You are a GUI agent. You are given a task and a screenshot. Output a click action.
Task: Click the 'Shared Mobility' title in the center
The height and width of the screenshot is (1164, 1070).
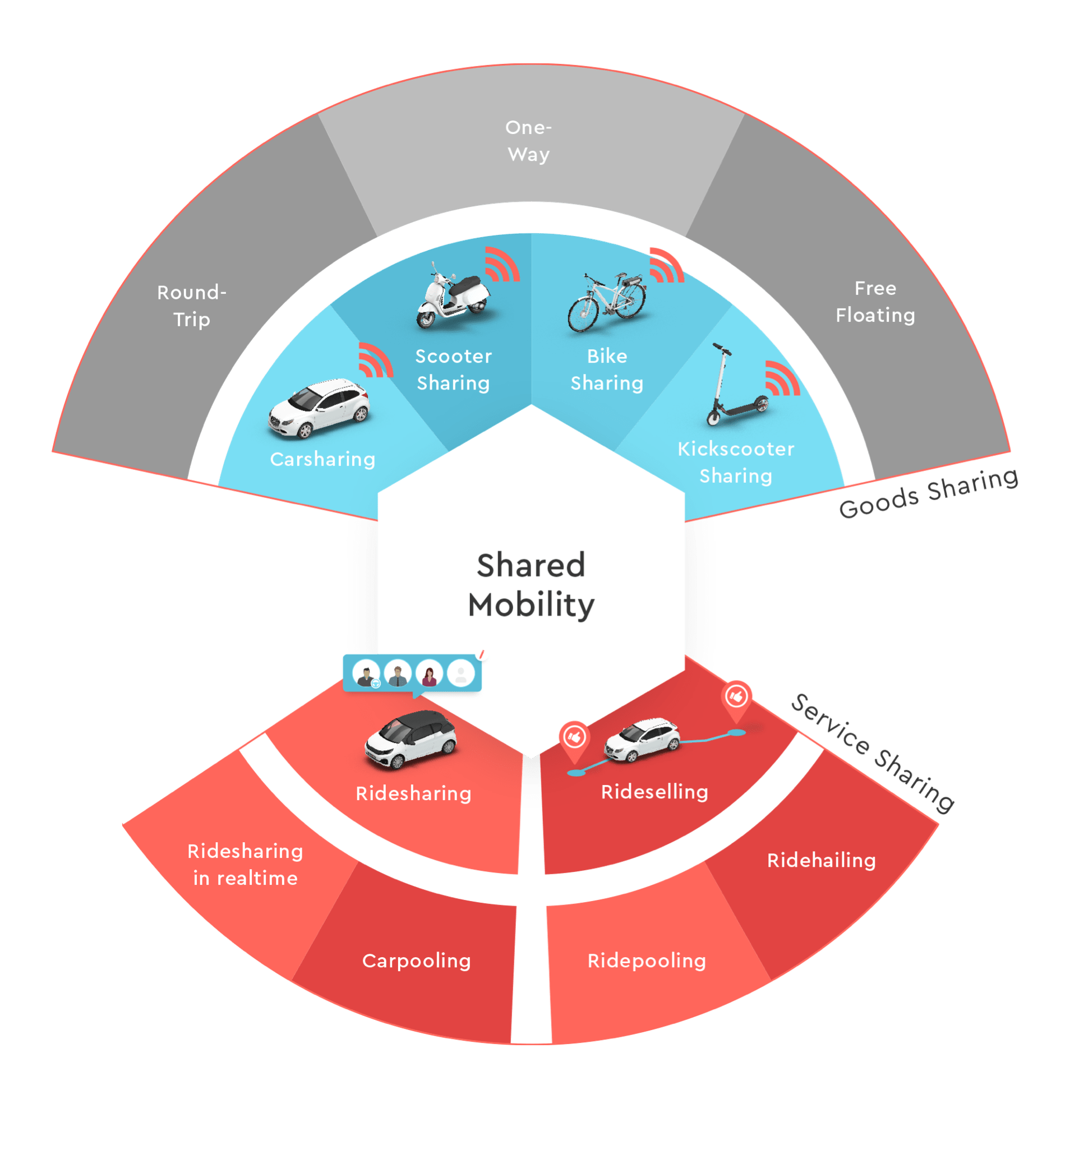point(531,585)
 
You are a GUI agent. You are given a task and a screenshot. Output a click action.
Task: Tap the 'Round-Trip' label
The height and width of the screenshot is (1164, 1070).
point(192,306)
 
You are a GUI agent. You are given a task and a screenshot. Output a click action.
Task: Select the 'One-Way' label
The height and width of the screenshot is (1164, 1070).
point(529,141)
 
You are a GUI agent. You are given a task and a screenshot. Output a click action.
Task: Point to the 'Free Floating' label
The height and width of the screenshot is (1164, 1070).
point(875,302)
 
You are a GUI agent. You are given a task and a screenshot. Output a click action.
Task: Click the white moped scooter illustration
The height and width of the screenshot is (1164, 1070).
point(453,296)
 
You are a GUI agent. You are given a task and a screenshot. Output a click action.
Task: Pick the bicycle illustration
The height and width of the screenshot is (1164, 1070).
point(607,302)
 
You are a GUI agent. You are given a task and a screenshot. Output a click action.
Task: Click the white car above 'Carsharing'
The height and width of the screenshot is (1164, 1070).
point(319,408)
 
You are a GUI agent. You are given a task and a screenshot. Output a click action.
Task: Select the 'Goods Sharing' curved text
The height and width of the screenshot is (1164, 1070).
point(928,493)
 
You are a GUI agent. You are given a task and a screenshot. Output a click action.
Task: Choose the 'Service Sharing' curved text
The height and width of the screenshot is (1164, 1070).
point(873,752)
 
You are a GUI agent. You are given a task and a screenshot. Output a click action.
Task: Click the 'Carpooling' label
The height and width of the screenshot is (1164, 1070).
point(416,962)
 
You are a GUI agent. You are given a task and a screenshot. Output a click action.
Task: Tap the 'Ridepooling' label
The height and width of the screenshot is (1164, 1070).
point(647,962)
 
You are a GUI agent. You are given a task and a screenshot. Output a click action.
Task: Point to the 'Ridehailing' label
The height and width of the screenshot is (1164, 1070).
point(821,860)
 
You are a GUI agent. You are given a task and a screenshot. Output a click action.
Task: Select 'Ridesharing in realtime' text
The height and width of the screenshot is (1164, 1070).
point(246,864)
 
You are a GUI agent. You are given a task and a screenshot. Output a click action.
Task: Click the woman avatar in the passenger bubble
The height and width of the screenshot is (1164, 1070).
point(429,674)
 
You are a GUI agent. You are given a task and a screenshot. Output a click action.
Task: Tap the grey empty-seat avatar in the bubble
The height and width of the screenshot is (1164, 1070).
point(461,674)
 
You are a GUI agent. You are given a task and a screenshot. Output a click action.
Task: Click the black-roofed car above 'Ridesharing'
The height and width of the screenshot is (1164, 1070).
point(411,740)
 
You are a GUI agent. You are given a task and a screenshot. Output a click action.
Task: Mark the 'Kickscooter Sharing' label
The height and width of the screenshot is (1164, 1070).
point(736,463)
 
